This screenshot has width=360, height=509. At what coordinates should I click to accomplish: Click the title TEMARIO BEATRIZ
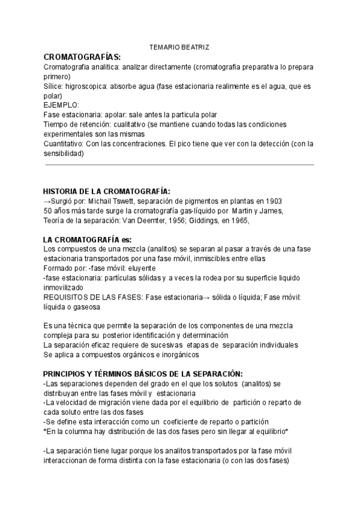(179, 47)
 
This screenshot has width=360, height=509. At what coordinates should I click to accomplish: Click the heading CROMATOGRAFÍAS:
(83, 56)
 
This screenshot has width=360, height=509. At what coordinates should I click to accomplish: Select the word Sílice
(54, 86)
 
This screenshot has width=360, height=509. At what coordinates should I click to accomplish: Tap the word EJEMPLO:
(61, 105)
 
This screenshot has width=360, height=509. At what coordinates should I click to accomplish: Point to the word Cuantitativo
(65, 144)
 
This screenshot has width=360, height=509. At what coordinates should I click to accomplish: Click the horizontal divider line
(179, 164)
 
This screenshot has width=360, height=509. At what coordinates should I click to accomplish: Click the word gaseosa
(85, 307)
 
